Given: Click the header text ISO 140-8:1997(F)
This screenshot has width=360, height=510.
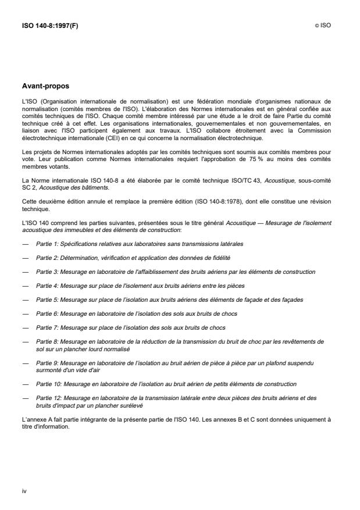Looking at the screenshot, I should click(49, 26).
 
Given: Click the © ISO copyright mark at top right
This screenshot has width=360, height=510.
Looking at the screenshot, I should click(322, 26).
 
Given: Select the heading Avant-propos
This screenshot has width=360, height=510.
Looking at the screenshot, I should click(45, 86).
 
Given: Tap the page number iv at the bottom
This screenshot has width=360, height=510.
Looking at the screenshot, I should click(24, 491).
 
